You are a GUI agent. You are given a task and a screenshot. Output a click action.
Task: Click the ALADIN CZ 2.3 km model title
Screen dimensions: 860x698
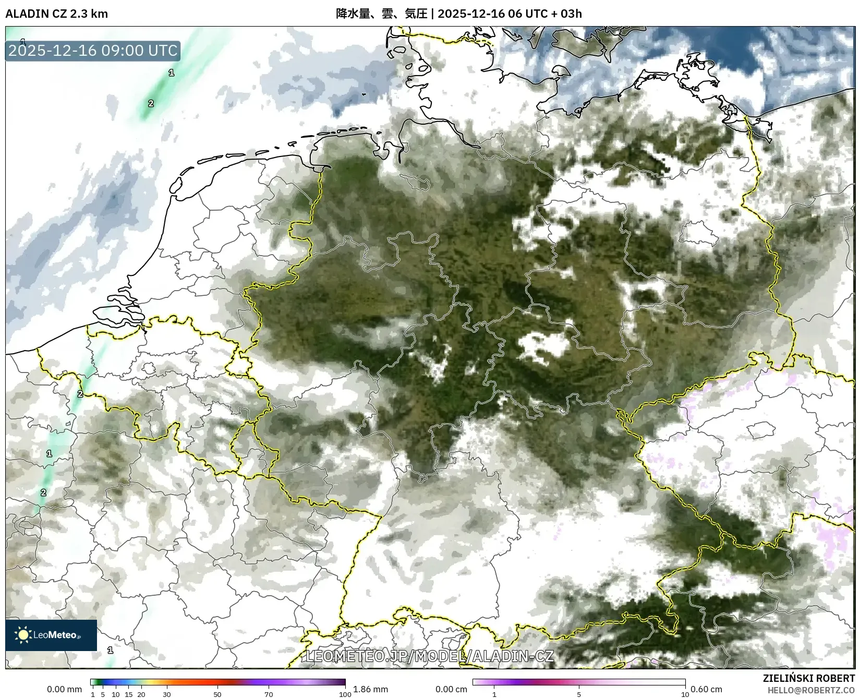click(x=56, y=14)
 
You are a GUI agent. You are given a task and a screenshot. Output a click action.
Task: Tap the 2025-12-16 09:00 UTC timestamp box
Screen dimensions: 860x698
click(x=93, y=51)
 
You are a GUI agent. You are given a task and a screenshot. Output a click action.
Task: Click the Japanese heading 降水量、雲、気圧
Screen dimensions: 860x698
click(x=381, y=14)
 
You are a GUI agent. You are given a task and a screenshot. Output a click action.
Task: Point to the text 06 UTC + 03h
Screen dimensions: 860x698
click(x=544, y=14)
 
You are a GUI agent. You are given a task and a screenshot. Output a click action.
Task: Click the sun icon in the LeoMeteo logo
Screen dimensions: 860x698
click(x=23, y=635)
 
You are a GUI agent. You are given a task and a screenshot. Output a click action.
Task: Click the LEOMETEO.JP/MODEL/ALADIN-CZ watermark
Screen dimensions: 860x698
click(x=429, y=656)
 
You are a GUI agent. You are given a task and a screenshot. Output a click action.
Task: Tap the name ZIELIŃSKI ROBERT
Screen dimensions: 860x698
click(x=809, y=679)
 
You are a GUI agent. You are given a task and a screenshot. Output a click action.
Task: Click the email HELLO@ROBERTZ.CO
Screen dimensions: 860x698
click(x=811, y=690)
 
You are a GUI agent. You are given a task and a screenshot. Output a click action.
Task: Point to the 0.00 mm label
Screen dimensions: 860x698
click(x=64, y=690)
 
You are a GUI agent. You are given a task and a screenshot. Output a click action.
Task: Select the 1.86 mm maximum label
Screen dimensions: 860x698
click(x=370, y=690)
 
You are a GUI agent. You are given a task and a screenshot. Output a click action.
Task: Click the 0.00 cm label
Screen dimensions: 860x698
click(x=451, y=690)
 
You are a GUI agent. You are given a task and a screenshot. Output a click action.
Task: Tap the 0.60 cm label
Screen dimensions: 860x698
click(x=707, y=690)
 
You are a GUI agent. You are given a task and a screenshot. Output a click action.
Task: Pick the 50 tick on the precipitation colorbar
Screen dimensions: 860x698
click(x=217, y=694)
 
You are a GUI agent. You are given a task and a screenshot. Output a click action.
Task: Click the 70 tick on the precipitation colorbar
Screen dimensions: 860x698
click(x=269, y=694)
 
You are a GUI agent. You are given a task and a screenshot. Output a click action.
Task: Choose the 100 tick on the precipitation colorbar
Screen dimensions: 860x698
click(x=345, y=694)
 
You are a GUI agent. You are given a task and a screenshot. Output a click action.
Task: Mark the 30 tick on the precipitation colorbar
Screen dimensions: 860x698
click(x=166, y=694)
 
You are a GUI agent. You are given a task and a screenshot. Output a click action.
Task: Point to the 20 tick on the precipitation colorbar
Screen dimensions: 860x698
click(x=141, y=694)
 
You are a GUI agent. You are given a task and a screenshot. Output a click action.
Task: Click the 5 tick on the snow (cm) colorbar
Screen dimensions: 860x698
click(x=579, y=694)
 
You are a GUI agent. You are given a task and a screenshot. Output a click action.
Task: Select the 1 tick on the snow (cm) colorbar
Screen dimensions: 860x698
click(x=494, y=694)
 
